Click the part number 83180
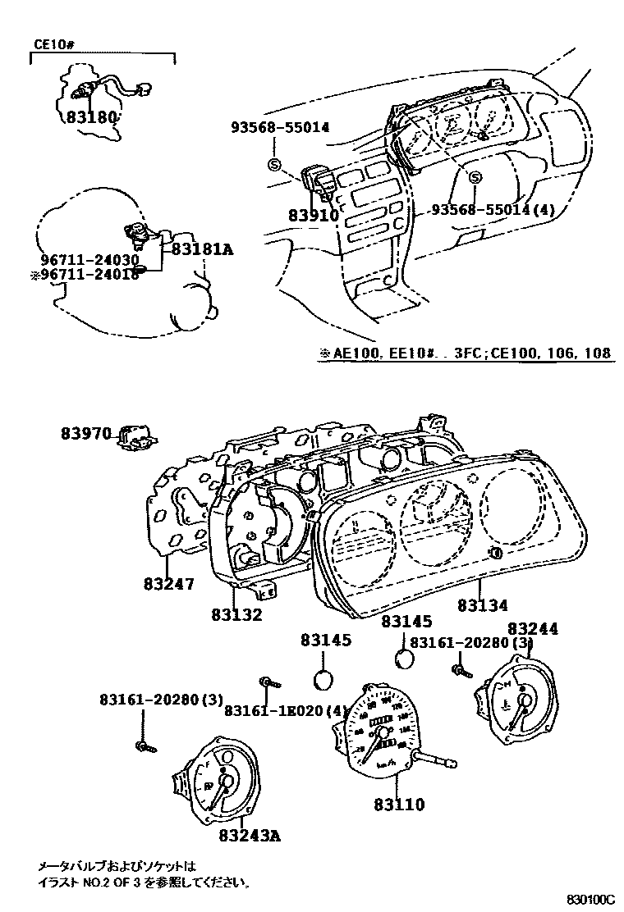pos(90,117)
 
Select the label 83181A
pos(203,247)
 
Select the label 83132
pos(236,614)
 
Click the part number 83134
pos(483,605)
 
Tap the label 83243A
pos(250,836)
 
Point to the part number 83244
pos(533,628)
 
